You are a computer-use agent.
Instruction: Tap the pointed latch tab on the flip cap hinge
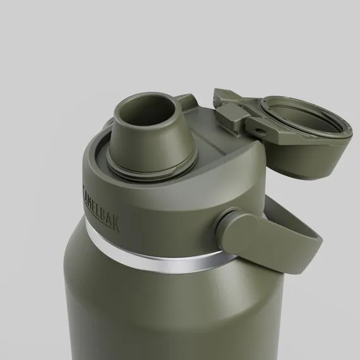(223, 96)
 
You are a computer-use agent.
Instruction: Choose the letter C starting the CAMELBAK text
(85, 188)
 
